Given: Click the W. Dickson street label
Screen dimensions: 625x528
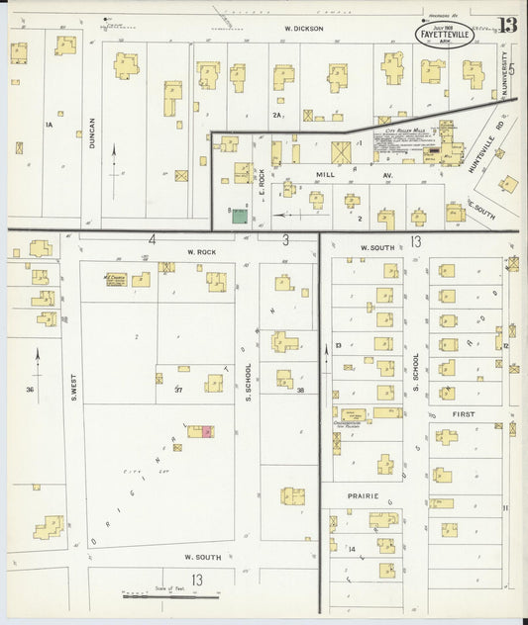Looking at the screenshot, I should coord(303,29).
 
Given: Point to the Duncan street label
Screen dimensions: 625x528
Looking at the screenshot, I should coord(91,134).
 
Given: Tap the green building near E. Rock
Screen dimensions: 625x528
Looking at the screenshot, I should coord(240,215).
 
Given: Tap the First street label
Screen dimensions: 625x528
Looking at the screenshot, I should coord(463,413).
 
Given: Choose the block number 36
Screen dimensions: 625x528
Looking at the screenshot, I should coord(31,390).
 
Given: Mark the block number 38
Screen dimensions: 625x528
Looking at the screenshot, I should coord(300,390).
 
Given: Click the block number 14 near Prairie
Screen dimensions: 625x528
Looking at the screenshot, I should coord(351,547).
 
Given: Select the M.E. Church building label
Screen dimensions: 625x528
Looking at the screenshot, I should coord(116,279).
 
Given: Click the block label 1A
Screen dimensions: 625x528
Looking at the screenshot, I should coord(47,126).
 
